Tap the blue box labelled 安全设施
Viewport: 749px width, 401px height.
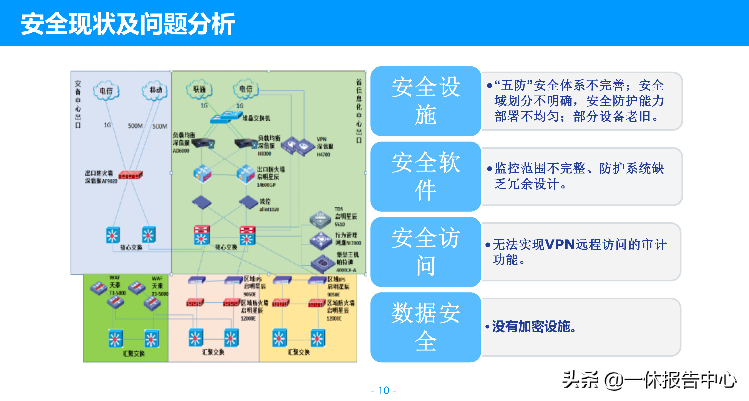[x=426, y=101]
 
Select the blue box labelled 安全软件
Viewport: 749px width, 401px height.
[x=426, y=176]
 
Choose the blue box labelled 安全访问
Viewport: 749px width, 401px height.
[x=426, y=252]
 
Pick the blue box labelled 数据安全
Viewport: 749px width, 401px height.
[x=426, y=327]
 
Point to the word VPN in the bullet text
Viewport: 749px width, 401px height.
[x=560, y=244]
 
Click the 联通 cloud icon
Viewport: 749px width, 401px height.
[x=199, y=89]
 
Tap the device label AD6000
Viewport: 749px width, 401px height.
[x=181, y=151]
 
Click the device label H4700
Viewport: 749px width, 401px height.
[x=323, y=155]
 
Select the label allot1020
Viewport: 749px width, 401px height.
[x=269, y=209]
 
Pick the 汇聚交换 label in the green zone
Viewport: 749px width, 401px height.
[x=134, y=353]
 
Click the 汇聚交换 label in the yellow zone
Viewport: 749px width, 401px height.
[x=299, y=352]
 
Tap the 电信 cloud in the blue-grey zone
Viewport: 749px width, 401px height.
[x=106, y=91]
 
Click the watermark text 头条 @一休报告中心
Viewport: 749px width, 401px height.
[x=649, y=380]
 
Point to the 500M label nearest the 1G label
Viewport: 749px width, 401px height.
[x=135, y=126]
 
